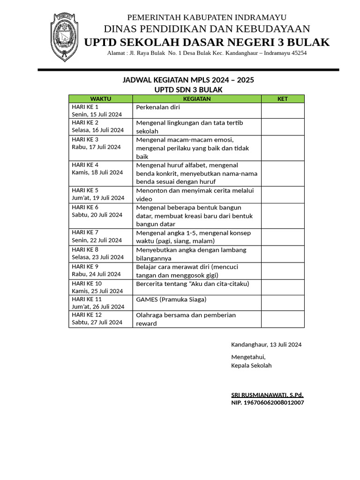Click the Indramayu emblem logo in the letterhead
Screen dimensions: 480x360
[64, 37]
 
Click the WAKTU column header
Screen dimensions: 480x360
[100, 99]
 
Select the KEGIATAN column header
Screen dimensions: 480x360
[196, 99]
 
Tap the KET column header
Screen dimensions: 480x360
[282, 99]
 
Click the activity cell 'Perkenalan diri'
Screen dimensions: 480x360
[158, 107]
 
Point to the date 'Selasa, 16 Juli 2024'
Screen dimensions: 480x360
[97, 130]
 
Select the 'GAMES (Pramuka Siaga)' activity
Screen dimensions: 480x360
[171, 300]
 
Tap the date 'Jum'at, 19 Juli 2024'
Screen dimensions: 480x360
[98, 198]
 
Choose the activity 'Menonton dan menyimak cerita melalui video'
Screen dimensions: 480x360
[194, 195]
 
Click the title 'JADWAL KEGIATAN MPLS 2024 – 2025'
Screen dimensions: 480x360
[188, 80]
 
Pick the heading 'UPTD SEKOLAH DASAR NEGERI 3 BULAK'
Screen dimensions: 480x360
[207, 43]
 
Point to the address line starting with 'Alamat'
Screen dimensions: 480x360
[207, 53]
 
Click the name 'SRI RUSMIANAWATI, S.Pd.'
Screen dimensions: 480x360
[267, 395]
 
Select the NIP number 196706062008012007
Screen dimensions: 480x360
[267, 403]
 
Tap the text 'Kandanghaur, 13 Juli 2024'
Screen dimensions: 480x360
[266, 345]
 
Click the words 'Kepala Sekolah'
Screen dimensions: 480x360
[251, 366]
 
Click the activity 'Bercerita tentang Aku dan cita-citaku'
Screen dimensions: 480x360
[192, 284]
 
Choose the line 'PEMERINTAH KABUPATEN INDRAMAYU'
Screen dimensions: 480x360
[207, 17]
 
